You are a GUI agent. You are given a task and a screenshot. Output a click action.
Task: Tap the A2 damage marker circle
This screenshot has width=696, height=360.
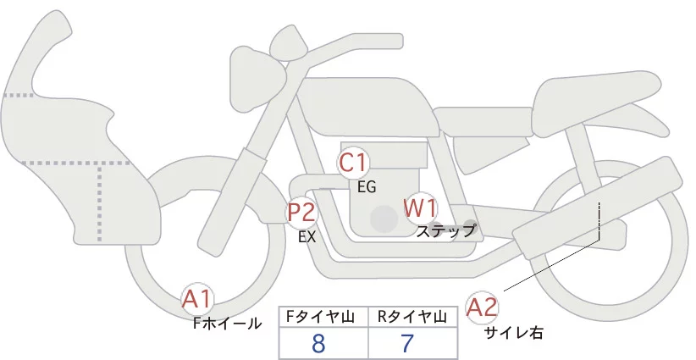point(483,307)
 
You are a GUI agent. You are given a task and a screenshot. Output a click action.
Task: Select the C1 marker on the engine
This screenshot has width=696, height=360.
point(353,162)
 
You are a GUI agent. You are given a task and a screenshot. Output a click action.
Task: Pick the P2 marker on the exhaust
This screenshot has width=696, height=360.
point(301,213)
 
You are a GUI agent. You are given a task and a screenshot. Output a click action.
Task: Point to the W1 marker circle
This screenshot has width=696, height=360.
point(420,208)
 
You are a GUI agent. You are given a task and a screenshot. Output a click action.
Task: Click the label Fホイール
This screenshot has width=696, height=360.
point(227,324)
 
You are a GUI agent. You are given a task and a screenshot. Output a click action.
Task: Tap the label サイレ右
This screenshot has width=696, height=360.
point(513,333)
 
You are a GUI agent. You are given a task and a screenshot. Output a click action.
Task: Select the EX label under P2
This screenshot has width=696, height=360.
point(307,237)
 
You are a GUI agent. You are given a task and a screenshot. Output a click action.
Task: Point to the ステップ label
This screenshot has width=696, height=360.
point(446,230)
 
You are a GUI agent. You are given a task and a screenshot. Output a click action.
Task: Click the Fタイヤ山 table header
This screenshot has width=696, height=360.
point(323,316)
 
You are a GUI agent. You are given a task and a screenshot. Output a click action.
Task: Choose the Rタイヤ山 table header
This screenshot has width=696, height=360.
point(412,316)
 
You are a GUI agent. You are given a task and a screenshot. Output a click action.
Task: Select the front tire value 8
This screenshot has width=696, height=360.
point(319,344)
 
